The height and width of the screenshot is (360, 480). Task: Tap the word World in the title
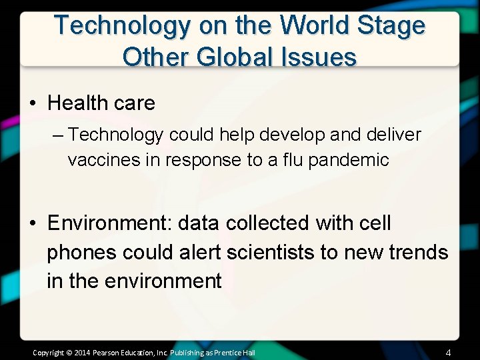point(315,26)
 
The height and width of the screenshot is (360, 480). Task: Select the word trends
point(417,252)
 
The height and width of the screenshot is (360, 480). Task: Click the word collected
point(266,223)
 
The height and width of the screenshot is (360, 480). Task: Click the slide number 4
point(448,352)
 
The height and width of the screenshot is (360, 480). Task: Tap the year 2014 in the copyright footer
point(82,352)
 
